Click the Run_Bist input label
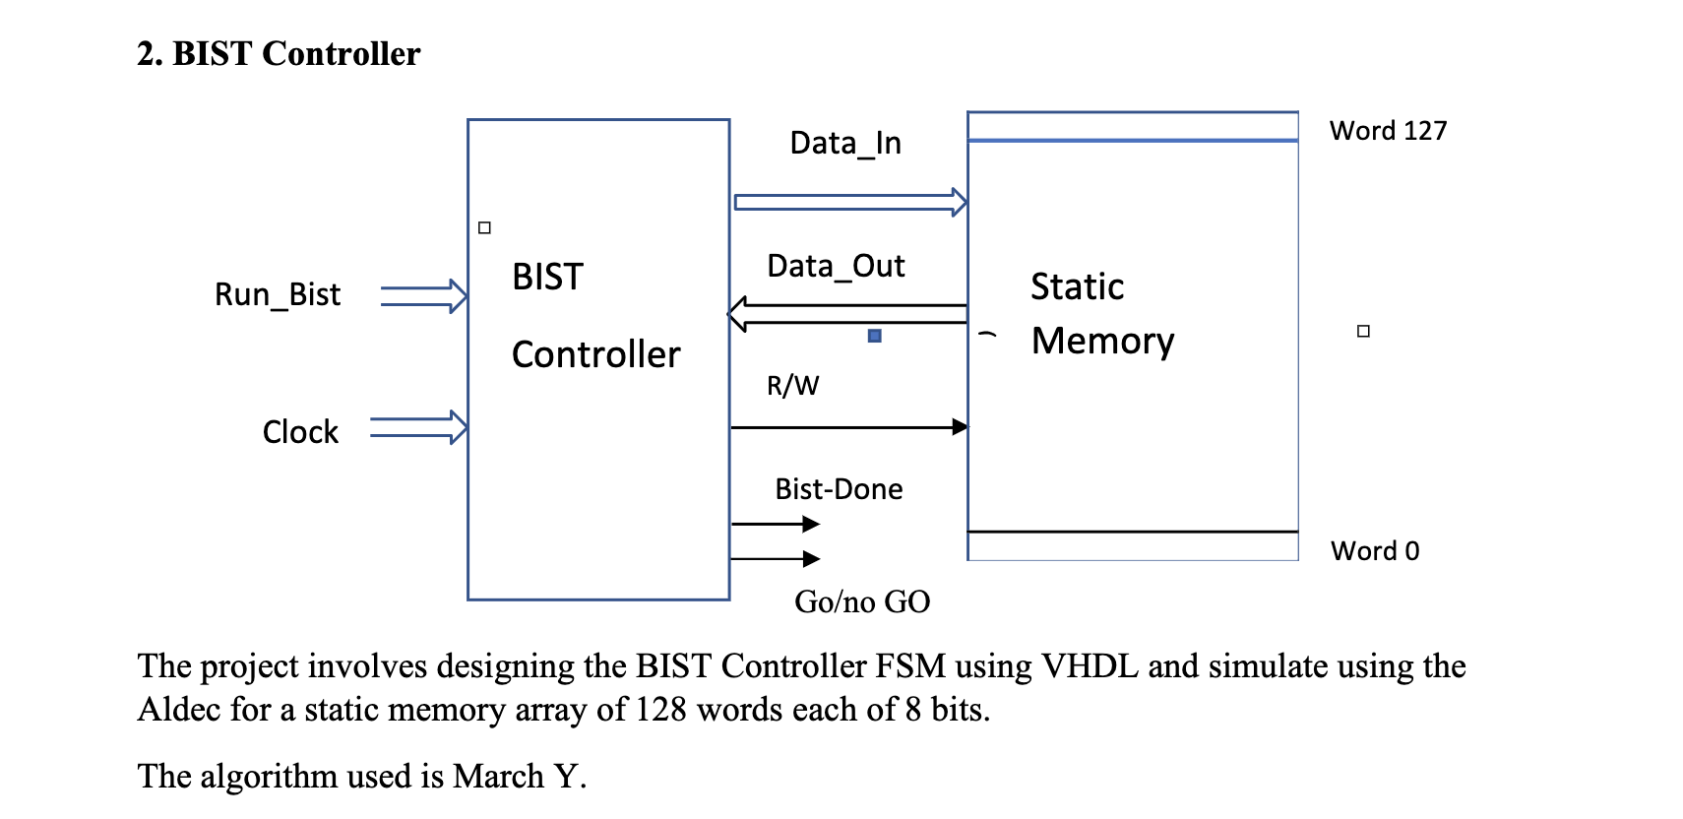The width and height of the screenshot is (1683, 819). pyautogui.click(x=278, y=294)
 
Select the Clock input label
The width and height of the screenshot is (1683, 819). pyautogui.click(x=300, y=432)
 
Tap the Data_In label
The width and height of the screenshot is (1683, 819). pyautogui.click(x=845, y=144)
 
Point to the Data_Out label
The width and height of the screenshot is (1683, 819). pyautogui.click(x=836, y=267)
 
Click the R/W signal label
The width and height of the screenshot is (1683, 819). pyautogui.click(x=792, y=386)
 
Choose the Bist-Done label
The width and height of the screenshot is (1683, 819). pyautogui.click(x=839, y=489)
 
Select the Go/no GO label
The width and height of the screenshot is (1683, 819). pyautogui.click(x=862, y=601)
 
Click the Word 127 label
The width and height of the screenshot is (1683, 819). pyautogui.click(x=1388, y=131)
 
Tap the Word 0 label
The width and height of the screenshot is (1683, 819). pyautogui.click(x=1375, y=551)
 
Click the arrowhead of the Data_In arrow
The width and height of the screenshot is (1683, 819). pyautogui.click(x=959, y=203)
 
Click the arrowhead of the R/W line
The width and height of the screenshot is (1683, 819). pyautogui.click(x=960, y=427)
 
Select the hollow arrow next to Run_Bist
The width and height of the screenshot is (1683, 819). pyautogui.click(x=424, y=295)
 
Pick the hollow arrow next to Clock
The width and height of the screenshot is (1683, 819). pyautogui.click(x=419, y=427)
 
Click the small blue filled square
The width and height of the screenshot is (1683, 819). pyautogui.click(x=875, y=336)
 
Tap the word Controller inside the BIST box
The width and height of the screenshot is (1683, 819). pyautogui.click(x=595, y=355)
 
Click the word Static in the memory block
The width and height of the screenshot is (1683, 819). pyautogui.click(x=1077, y=287)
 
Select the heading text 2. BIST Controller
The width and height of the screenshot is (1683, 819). pyautogui.click(x=279, y=54)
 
